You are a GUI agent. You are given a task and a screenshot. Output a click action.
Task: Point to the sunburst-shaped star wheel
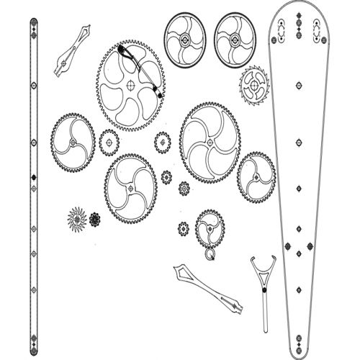tap(77, 217)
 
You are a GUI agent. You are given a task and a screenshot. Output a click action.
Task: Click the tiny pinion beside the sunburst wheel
tap(95, 219)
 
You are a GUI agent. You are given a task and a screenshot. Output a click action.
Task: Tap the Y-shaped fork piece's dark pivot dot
tap(264, 289)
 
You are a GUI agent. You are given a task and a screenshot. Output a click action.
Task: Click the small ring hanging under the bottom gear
tap(210, 253)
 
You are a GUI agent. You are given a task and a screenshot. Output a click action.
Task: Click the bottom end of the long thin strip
tap(32, 341)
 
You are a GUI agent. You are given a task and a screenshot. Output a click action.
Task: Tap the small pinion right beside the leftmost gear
tap(109, 142)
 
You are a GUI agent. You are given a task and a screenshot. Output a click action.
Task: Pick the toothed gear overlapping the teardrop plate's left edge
tap(256, 176)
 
